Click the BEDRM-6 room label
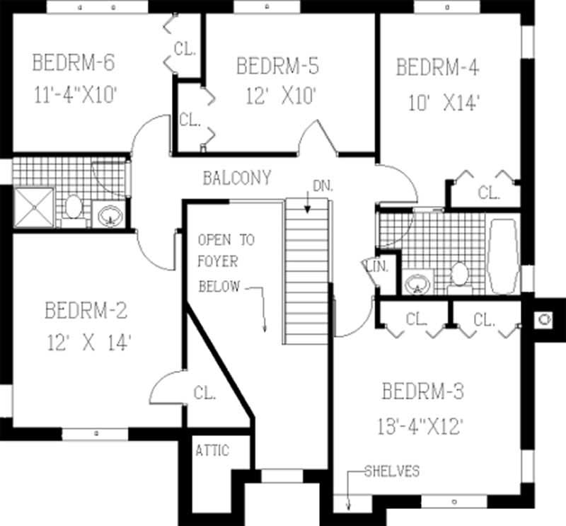[x=73, y=63]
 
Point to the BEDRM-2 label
[x=86, y=310]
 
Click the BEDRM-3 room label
[x=422, y=391]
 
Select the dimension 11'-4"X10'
[x=74, y=96]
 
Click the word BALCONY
[x=236, y=178]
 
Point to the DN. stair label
[x=321, y=186]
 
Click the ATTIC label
[x=212, y=450]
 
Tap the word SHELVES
[x=392, y=471]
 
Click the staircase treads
[x=308, y=269]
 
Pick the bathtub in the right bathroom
[x=504, y=256]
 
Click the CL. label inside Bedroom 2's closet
[x=204, y=393]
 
